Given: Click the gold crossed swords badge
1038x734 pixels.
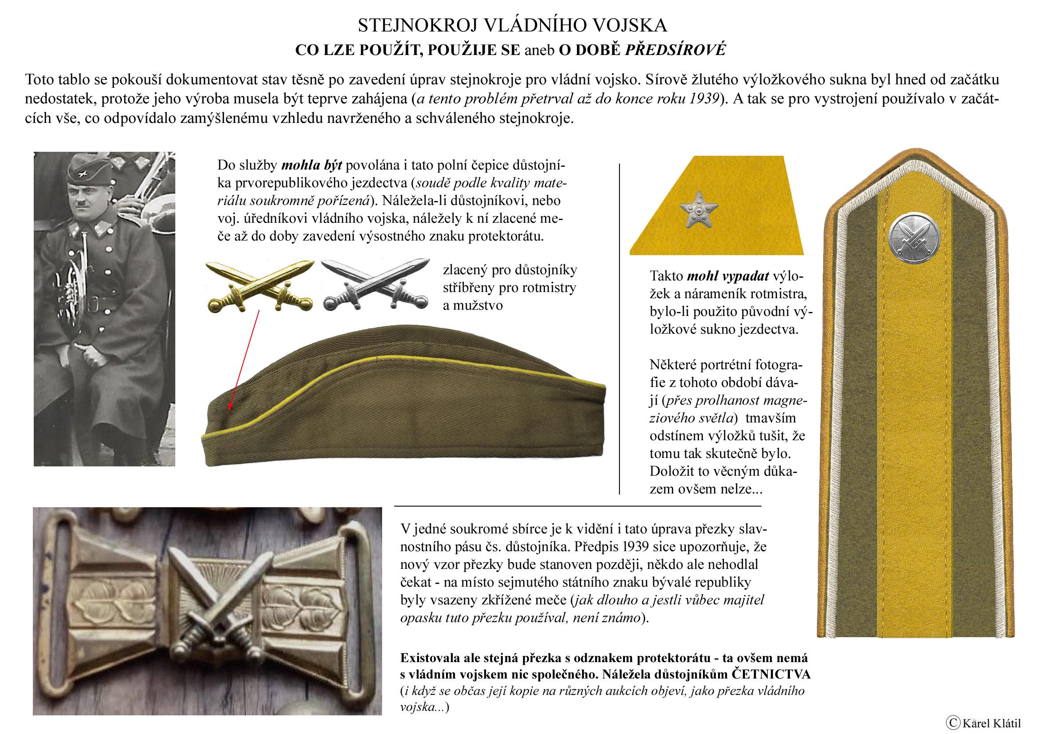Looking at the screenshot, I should pyautogui.click(x=259, y=286).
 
